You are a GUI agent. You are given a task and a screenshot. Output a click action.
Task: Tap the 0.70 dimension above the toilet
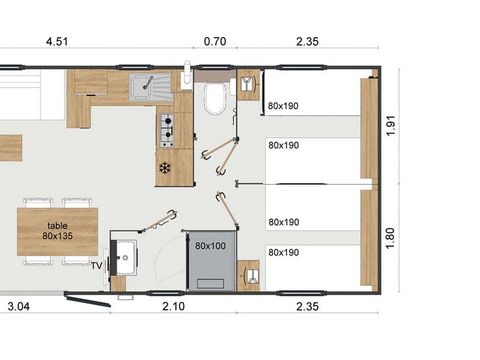point(214,42)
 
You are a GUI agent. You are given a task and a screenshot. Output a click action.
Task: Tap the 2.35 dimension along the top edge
point(307,42)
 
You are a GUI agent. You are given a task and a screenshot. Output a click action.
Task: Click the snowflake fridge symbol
point(166,167)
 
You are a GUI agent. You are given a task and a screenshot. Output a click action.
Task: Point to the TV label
point(96,265)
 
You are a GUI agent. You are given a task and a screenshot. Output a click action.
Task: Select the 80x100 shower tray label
point(210,245)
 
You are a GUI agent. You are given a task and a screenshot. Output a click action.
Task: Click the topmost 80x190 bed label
point(284,105)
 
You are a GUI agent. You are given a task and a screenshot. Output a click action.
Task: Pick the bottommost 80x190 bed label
point(284,252)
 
